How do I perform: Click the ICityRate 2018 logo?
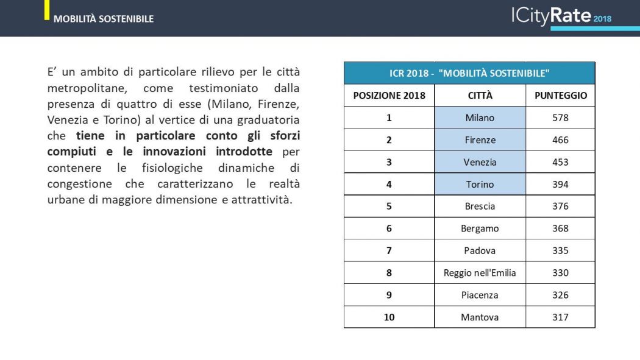(x=561, y=16)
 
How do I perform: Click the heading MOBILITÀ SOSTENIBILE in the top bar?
(x=104, y=19)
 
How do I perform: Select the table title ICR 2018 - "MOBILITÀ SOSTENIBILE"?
(x=469, y=73)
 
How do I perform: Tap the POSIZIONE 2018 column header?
(x=389, y=96)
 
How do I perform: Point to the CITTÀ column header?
(x=480, y=96)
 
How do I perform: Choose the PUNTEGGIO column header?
(x=560, y=96)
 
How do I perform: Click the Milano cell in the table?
(x=480, y=118)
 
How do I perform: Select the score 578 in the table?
(x=560, y=118)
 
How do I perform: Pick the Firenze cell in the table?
(x=480, y=140)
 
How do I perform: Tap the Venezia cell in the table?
(x=480, y=162)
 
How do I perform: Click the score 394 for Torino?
(x=560, y=184)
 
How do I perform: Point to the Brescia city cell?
(x=480, y=206)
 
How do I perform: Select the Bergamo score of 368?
(x=560, y=228)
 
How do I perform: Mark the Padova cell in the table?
(x=480, y=250)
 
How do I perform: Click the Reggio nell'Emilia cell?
(x=480, y=273)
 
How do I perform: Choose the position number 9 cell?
(x=389, y=295)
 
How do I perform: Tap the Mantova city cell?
(x=480, y=317)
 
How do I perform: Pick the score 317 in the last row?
(x=560, y=317)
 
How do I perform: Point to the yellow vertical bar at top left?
(x=47, y=10)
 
